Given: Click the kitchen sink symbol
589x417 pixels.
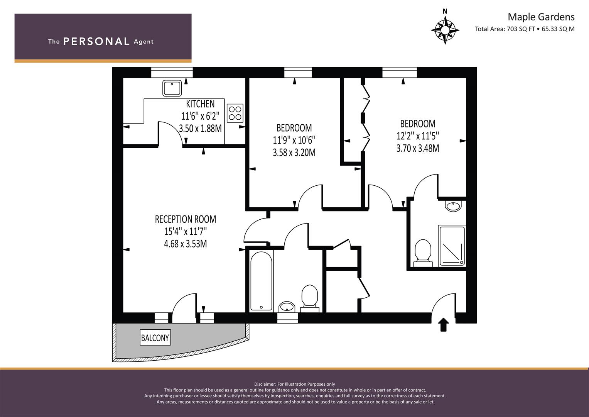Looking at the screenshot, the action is (172, 88).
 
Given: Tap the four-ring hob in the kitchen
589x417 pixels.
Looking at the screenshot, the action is (235, 113).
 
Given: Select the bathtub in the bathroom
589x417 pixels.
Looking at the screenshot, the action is (261, 281).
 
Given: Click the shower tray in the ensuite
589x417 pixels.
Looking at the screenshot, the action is (452, 246).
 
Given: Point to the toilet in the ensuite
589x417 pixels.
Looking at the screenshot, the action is (423, 253).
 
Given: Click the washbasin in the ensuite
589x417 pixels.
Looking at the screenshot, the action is (453, 206).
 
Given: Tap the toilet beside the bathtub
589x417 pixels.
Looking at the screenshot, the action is (310, 298).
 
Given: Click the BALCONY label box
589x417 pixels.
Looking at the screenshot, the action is (155, 337).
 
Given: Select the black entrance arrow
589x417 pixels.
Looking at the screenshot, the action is (444, 325).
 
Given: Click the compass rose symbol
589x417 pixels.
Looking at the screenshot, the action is (445, 30).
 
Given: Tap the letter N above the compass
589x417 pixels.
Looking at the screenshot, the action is (445, 11).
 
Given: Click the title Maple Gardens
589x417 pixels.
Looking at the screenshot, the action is (541, 17).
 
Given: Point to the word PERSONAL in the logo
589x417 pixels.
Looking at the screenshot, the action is (96, 41).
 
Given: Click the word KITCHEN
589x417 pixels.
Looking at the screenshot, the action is (200, 104).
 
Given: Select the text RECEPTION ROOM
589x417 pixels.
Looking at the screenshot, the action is (186, 219).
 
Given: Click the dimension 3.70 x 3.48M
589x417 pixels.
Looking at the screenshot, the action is (418, 149).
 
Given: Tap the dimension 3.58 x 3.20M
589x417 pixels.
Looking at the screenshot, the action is (294, 153).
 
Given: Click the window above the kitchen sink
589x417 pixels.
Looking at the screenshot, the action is (172, 73).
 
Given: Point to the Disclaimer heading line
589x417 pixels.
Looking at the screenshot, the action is (295, 384).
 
